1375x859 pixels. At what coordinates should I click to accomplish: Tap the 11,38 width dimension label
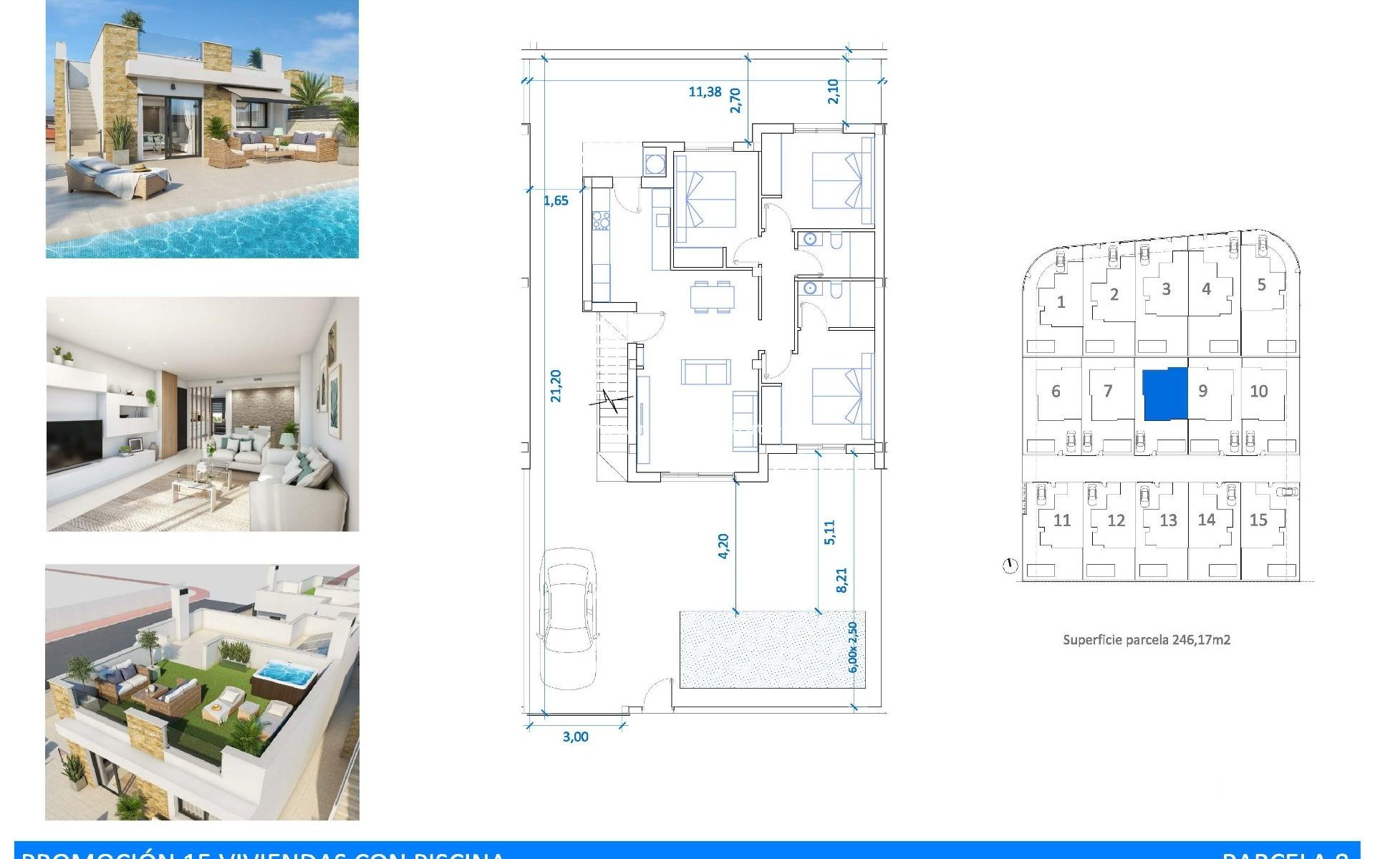click(705, 92)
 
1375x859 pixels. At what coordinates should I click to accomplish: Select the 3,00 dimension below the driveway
click(575, 737)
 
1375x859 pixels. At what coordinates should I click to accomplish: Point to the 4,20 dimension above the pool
click(723, 545)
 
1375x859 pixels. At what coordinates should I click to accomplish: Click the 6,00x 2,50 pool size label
click(852, 647)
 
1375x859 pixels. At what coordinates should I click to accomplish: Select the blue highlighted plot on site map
click(1164, 394)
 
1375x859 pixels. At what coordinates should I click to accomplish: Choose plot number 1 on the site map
click(1061, 302)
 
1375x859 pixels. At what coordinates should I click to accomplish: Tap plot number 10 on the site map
click(1258, 391)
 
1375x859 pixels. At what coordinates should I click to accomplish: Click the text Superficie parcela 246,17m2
click(1146, 640)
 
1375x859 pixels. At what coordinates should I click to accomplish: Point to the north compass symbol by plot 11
click(1010, 566)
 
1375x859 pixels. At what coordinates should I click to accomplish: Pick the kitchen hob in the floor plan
click(600, 220)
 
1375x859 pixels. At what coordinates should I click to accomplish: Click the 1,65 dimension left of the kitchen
click(556, 200)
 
